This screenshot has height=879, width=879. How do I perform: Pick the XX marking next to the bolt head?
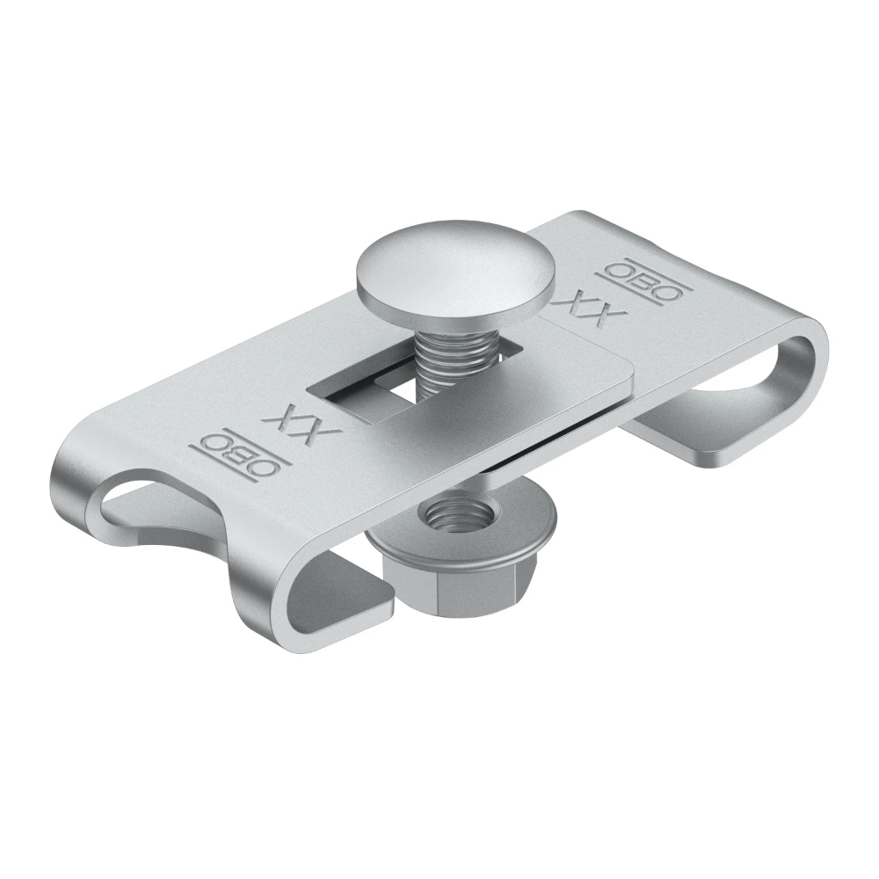[591, 307]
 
